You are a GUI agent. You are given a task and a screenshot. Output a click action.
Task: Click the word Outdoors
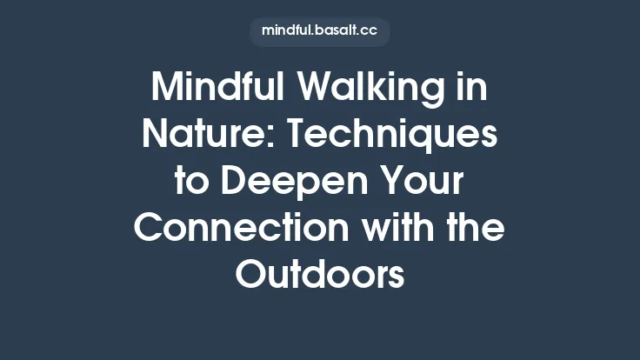coord(320,276)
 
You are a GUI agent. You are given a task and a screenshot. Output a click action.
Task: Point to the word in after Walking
coord(471,88)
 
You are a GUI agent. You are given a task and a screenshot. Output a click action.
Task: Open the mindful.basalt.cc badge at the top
coord(320,32)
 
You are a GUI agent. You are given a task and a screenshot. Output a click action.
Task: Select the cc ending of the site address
coord(370,32)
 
